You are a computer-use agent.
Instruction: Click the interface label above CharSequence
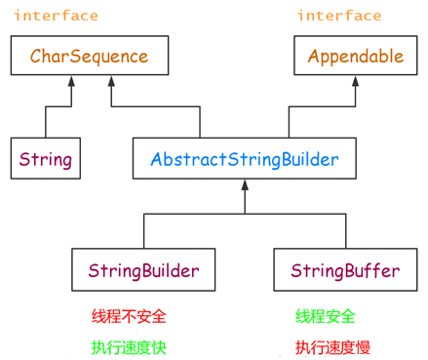pos(56,16)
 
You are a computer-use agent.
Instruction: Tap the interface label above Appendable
pos(339,16)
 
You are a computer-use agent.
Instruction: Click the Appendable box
pos(355,57)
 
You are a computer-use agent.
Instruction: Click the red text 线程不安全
pos(129,316)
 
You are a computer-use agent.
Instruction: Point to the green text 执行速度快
pos(129,346)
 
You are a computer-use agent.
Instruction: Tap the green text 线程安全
pos(326,316)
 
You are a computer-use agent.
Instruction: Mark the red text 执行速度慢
pos(332,346)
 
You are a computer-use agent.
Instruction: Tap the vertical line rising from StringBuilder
pos(143,231)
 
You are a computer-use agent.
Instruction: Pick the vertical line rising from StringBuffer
pos(343,231)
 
